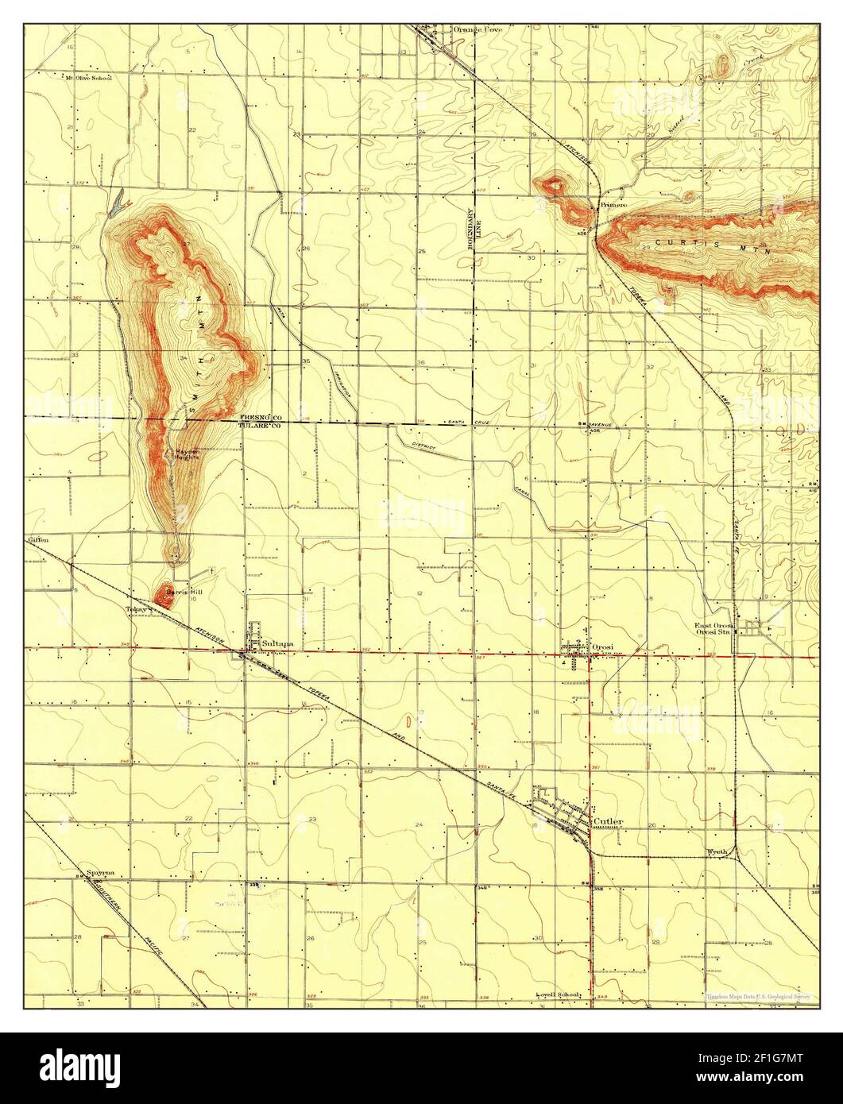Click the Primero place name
click(x=614, y=205)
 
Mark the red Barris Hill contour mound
click(x=165, y=594)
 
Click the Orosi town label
click(x=601, y=647)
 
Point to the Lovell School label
click(x=556, y=994)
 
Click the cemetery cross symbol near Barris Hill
click(x=212, y=569)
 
